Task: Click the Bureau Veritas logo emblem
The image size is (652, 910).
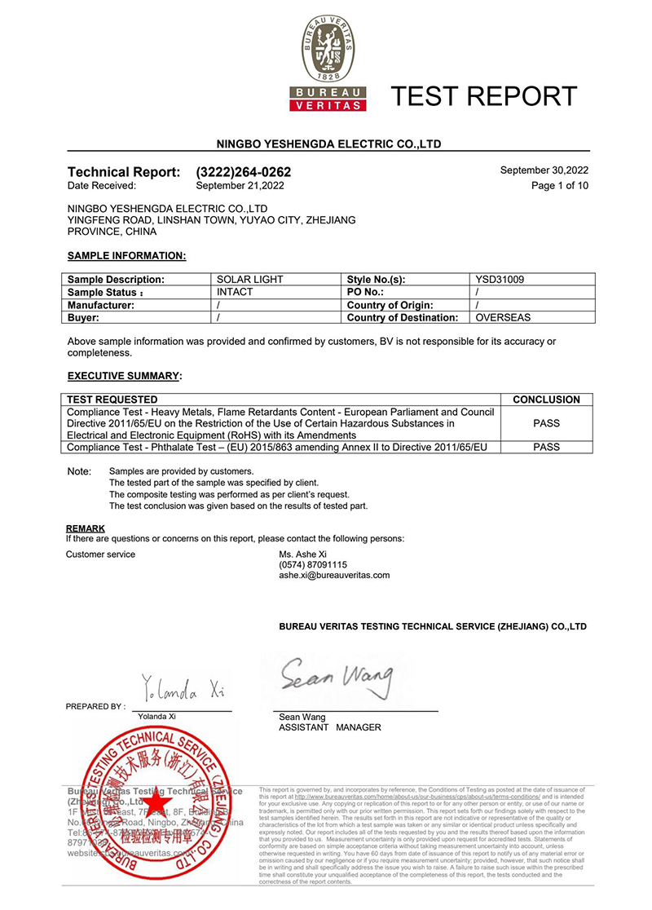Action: click(x=329, y=54)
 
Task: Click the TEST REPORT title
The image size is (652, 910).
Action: click(x=484, y=96)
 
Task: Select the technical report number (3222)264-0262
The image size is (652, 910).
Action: click(x=244, y=172)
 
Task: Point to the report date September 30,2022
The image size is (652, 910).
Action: click(x=544, y=170)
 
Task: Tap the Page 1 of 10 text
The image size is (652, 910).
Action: click(x=560, y=185)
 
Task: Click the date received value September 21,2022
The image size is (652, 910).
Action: click(x=240, y=185)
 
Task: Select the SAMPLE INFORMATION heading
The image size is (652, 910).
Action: click(x=126, y=256)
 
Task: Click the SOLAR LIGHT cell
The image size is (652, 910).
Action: click(x=250, y=280)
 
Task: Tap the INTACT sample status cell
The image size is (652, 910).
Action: click(x=235, y=291)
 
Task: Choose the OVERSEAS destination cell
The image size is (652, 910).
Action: click(x=504, y=317)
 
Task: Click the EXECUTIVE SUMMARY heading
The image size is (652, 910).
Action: click(x=123, y=376)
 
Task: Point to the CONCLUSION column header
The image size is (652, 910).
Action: click(x=546, y=400)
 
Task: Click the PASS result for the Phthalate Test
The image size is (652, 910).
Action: click(x=546, y=447)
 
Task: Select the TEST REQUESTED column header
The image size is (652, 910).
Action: click(x=113, y=400)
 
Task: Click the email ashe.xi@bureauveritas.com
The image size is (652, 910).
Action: click(x=334, y=575)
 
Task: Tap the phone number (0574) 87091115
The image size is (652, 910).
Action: click(x=313, y=564)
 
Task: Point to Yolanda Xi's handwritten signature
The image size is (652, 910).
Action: click(x=181, y=691)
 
